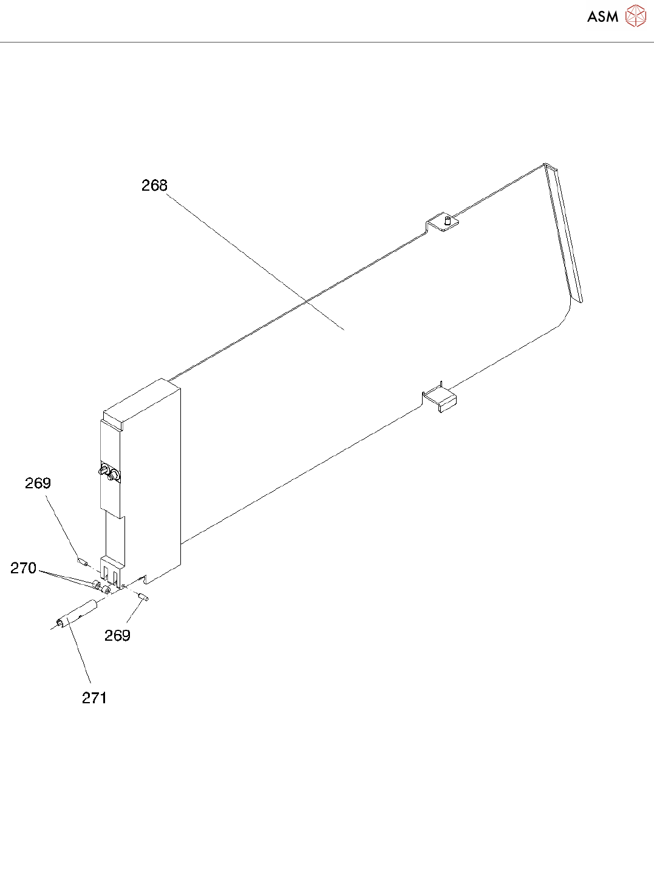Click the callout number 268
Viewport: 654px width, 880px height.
click(154, 185)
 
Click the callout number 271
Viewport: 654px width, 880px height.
click(94, 698)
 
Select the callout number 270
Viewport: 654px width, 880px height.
click(24, 568)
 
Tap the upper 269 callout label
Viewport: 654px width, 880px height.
click(38, 483)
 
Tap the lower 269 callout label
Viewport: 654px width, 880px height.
click(117, 635)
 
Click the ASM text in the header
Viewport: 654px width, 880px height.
click(602, 16)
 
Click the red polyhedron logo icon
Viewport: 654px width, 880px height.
click(636, 16)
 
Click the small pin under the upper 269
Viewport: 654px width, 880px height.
click(82, 560)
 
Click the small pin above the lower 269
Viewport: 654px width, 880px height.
click(143, 598)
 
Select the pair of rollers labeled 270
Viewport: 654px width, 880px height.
click(101, 587)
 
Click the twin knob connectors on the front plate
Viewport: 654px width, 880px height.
click(109, 472)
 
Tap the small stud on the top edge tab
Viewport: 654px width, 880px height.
click(447, 220)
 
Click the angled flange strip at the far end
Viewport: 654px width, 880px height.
click(565, 234)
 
